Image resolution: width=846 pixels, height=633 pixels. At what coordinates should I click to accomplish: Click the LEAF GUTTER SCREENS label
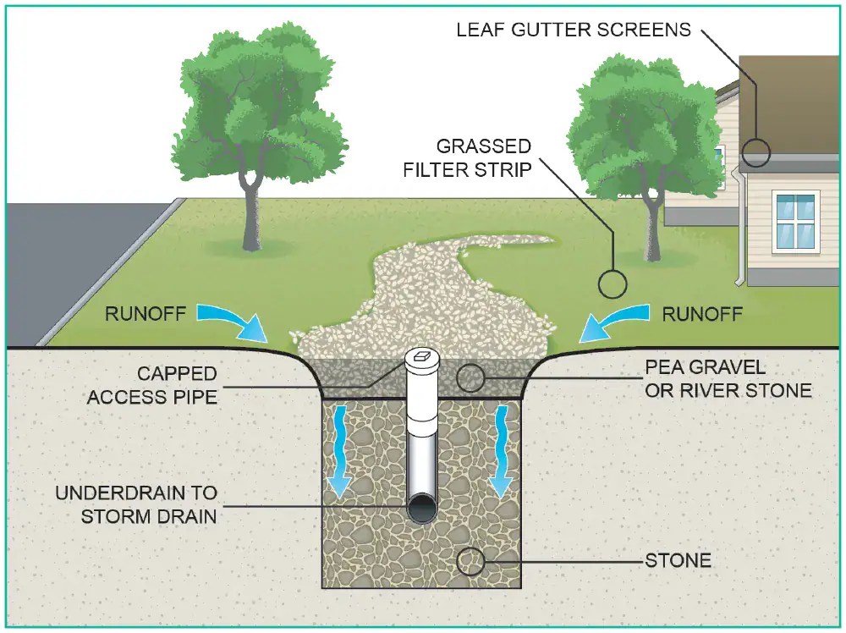(x=574, y=30)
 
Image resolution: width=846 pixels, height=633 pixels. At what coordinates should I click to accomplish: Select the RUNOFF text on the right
(x=702, y=315)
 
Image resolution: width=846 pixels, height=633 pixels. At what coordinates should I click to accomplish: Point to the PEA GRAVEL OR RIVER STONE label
(x=728, y=379)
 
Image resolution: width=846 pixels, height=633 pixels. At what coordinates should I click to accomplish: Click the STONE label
(x=678, y=560)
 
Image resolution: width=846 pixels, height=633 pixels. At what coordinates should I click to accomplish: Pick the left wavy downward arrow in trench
(x=341, y=449)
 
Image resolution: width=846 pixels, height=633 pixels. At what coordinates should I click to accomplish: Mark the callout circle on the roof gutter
(x=757, y=153)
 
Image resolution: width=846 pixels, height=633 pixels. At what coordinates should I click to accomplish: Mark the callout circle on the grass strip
(x=612, y=283)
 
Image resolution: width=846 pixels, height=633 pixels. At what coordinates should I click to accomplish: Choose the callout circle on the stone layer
(x=470, y=559)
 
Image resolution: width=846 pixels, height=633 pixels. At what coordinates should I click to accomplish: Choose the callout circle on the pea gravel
(x=471, y=377)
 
